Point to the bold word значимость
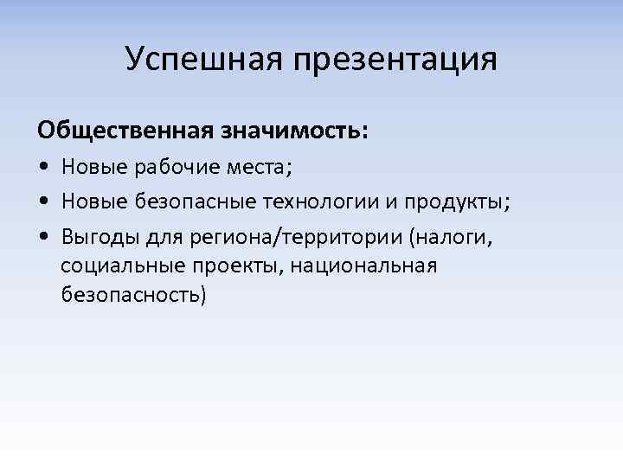click(290, 131)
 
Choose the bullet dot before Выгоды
click(42, 235)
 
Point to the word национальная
click(363, 265)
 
